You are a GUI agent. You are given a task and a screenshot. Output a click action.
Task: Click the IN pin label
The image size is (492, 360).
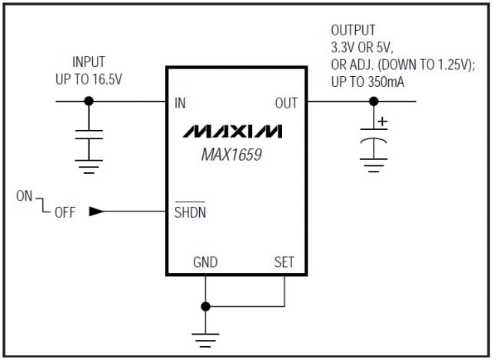coord(181,102)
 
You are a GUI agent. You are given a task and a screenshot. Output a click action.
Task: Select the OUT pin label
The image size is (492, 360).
coord(286,102)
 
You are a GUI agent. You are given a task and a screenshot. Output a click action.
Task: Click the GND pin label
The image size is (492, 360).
coord(205,262)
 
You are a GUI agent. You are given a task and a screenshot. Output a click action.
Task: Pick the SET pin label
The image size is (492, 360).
coord(284,262)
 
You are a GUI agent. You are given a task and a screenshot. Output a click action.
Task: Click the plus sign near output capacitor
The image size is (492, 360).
coord(383,121)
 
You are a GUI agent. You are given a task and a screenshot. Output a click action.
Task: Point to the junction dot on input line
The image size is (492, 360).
coord(89,102)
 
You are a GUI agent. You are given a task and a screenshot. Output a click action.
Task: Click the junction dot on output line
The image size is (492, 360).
coord(374,102)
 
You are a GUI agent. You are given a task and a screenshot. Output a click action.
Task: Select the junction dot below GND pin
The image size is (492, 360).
coord(205,306)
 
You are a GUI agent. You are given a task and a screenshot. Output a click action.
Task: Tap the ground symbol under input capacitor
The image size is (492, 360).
coord(89,165)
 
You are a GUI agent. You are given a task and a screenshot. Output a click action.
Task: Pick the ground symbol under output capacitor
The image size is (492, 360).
coord(374,164)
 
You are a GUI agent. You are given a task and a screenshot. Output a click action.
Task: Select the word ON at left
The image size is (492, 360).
coord(25,196)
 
